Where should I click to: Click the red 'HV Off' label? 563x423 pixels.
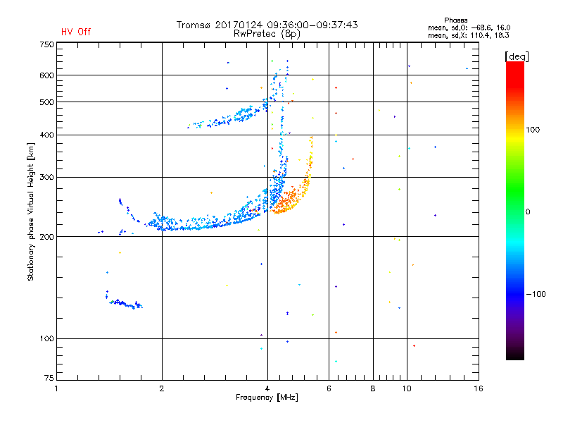click(x=76, y=32)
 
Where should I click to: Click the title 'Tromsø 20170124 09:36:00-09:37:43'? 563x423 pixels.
click(x=267, y=25)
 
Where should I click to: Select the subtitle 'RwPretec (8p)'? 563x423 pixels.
click(x=267, y=34)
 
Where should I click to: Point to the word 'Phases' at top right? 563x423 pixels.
click(x=455, y=20)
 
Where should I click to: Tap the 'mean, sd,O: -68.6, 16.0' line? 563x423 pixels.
click(x=469, y=27)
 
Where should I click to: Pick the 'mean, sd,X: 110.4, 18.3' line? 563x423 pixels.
click(x=468, y=35)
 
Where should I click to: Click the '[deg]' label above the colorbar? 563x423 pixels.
click(x=517, y=56)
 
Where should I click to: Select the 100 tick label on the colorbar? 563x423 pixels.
click(x=533, y=130)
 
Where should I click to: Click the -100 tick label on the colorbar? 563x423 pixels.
click(x=536, y=294)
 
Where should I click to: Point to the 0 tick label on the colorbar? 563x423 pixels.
click(x=528, y=212)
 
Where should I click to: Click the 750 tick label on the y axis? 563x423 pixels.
click(x=46, y=44)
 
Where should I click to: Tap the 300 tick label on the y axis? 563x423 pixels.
click(x=46, y=177)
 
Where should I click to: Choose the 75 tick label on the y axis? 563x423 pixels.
click(x=49, y=378)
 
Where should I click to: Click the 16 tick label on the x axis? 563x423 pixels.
click(x=479, y=388)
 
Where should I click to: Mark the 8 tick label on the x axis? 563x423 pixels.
click(x=373, y=388)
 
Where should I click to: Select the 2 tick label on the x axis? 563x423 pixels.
click(x=162, y=388)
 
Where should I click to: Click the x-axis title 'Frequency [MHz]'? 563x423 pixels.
click(x=267, y=398)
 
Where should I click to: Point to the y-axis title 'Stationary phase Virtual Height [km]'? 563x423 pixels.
click(x=31, y=212)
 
